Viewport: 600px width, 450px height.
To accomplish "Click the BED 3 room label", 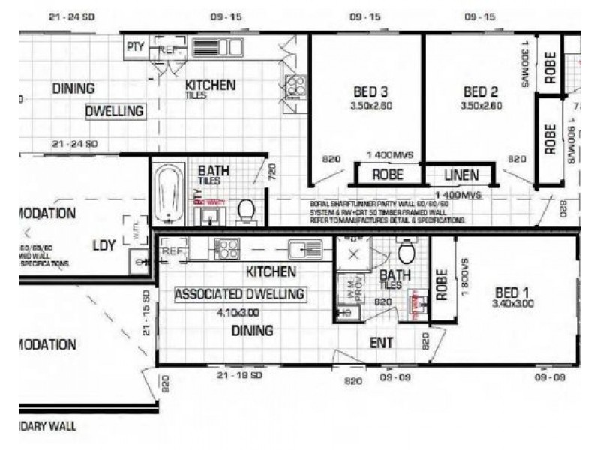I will pos(370,92).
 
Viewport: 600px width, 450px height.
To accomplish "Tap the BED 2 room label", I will pos(481,92).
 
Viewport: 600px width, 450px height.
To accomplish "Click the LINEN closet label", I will pos(460,175).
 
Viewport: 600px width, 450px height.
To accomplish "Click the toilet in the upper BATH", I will pos(246,212).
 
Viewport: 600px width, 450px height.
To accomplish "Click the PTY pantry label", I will pos(136,47).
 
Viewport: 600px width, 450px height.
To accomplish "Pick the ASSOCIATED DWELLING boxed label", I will pos(240,294).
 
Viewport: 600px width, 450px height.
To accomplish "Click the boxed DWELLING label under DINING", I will pos(114,111).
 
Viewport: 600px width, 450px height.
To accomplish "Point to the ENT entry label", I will pos(382,343).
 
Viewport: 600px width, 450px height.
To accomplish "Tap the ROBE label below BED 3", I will pos(388,175).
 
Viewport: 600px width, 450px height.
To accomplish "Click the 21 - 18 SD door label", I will pos(239,374).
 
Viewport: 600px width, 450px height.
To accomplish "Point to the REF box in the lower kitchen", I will pos(173,250).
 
